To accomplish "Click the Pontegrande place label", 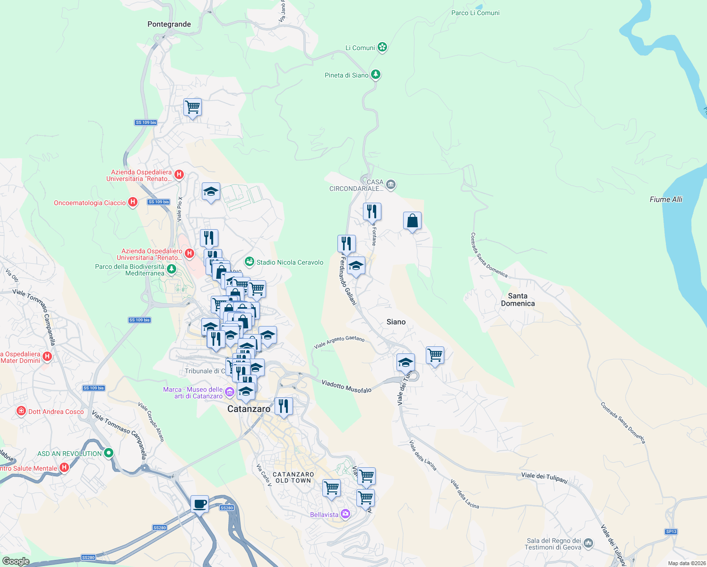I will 169,24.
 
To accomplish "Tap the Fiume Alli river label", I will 666,199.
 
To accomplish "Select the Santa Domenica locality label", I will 518,300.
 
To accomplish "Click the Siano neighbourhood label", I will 396,322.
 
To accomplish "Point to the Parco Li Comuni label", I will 475,13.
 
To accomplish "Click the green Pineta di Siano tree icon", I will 376,75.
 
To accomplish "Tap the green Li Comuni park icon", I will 382,47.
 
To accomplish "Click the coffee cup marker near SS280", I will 199,504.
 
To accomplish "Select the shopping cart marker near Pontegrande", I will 193,107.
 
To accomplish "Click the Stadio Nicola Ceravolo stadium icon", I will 250,262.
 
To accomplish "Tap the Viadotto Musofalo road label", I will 346,386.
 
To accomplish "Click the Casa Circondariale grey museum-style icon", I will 391,184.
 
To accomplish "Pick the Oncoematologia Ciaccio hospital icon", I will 133,202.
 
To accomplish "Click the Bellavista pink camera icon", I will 345,514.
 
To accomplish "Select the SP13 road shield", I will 671,532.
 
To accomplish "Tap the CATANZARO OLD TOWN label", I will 293,477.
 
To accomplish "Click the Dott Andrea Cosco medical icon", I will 21,411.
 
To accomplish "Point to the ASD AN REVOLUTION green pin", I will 109,453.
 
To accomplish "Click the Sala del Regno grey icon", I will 588,543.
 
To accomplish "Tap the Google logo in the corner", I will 16,561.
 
